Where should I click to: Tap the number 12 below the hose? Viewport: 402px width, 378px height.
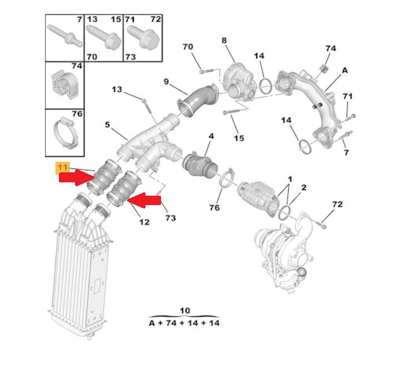144,222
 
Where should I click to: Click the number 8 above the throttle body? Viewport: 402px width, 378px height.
224,40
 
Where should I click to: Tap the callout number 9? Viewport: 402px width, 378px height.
166,82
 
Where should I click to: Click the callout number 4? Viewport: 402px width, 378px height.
210,135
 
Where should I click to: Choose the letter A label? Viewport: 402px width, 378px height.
345,71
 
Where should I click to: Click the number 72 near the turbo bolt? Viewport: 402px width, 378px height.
338,205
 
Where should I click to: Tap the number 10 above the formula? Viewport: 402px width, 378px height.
185,310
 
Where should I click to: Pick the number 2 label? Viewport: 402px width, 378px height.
304,187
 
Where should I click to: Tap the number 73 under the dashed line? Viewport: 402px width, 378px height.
170,218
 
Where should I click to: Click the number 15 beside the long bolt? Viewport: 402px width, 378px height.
239,138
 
